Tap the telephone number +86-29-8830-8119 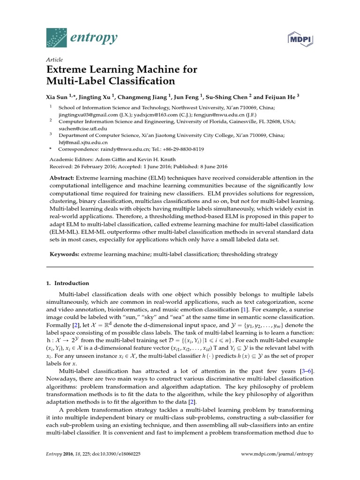[x=179, y=150]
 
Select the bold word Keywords [x=64, y=255]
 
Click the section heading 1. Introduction [x=67, y=283]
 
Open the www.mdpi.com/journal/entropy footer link [x=277, y=454]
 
